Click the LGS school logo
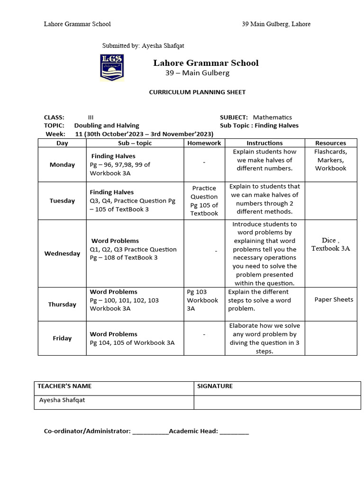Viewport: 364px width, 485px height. click(112, 67)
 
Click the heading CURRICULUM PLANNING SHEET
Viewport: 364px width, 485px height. click(198, 92)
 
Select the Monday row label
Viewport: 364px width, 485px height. click(62, 165)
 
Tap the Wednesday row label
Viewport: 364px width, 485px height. click(62, 253)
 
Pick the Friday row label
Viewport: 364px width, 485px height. click(62, 338)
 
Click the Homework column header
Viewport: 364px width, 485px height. click(204, 143)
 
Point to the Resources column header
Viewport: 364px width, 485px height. click(330, 143)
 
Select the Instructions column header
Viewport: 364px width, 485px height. click(264, 143)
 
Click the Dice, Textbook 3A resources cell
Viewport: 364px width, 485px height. click(330, 244)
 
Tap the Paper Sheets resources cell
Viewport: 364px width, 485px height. click(334, 300)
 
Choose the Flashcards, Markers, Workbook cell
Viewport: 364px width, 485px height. click(330, 160)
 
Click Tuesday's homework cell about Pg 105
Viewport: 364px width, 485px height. click(204, 201)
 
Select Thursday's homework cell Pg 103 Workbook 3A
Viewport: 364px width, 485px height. click(202, 300)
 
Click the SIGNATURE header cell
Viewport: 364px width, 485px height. click(215, 386)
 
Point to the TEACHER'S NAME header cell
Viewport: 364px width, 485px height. click(64, 386)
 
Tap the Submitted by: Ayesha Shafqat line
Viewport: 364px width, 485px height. click(143, 46)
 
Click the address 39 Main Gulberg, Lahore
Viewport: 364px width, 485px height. click(276, 24)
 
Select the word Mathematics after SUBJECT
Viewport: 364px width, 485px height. click(272, 117)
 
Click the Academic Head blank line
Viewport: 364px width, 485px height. click(234, 431)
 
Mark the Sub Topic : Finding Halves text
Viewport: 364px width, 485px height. click(259, 126)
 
